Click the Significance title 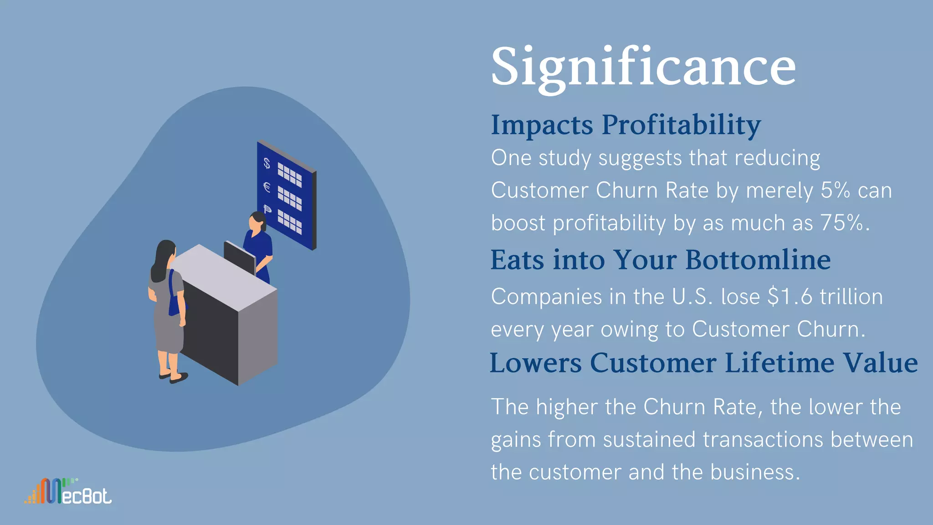tap(643, 67)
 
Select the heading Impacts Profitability tap(625, 125)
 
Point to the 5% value tap(835, 190)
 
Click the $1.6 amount tap(789, 297)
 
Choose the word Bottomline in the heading tap(758, 260)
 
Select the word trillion tap(851, 297)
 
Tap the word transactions tap(763, 440)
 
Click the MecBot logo tap(68, 492)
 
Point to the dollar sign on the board tap(267, 163)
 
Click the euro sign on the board tap(267, 187)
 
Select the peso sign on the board tap(267, 210)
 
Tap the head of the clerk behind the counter tap(256, 221)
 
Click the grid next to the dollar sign tap(290, 175)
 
